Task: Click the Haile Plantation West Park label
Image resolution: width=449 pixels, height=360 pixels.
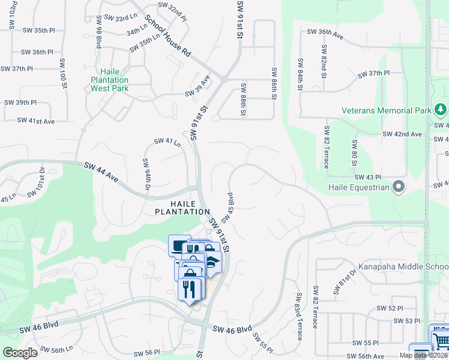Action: point(110,80)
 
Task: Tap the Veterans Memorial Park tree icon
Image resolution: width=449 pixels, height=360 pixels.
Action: point(441,110)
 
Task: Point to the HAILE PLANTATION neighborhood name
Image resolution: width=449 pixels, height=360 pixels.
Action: point(182,207)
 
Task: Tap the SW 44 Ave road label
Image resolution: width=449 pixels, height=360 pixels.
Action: point(103,173)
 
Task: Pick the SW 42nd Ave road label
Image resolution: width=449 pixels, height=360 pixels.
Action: point(403,134)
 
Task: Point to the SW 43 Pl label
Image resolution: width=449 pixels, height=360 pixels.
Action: point(368,177)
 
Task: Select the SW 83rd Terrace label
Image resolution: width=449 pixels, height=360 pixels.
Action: point(298,317)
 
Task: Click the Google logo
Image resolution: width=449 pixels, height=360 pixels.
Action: point(19,353)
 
